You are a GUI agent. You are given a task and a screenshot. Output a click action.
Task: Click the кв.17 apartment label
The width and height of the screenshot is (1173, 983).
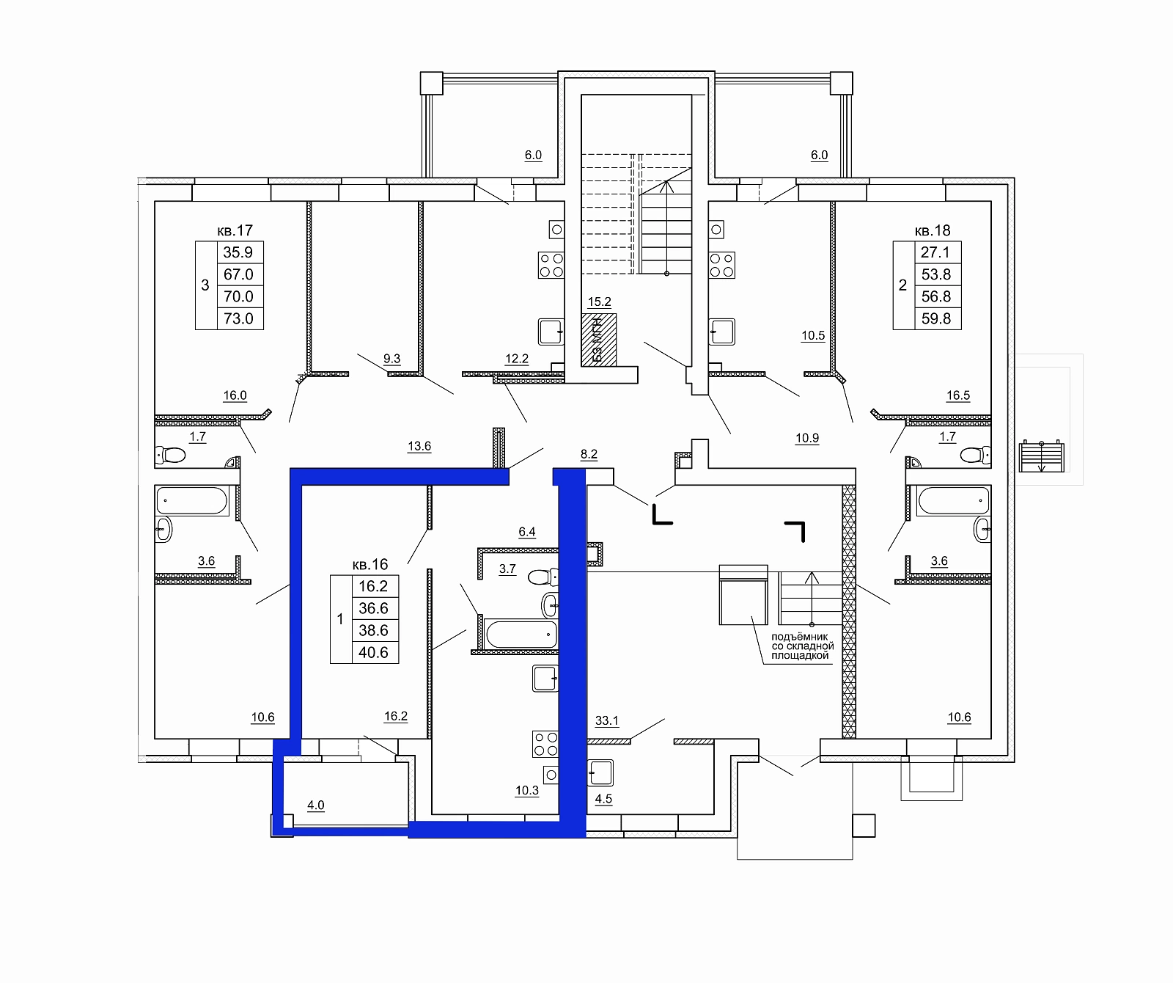pos(235,231)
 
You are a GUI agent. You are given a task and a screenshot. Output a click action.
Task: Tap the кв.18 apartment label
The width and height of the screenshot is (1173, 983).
pos(933,231)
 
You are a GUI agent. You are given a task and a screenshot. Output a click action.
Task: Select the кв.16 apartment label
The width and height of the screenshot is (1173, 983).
pos(370,565)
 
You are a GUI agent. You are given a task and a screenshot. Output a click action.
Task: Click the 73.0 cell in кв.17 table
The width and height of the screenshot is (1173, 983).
pos(239,319)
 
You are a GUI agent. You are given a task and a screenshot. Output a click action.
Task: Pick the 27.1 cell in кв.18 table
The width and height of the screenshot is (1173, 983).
pos(935,252)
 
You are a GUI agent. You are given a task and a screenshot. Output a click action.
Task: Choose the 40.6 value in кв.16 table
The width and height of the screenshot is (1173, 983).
pos(374,653)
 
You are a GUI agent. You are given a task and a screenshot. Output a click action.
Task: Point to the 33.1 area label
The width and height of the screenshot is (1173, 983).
pos(607,721)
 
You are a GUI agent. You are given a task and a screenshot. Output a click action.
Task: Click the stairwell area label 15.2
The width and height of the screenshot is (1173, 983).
pos(600,302)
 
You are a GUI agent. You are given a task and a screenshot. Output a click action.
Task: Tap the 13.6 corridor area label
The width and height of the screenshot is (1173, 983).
pos(419,446)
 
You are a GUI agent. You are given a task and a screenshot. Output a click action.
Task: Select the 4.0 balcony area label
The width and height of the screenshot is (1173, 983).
pos(316,805)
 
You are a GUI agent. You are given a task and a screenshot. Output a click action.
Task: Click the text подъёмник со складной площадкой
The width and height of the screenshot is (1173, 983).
pos(802,646)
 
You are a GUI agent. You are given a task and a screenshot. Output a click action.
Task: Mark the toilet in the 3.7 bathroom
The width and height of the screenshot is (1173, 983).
pos(543,577)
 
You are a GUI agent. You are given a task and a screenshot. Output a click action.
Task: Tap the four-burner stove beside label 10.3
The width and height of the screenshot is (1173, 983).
pos(545,744)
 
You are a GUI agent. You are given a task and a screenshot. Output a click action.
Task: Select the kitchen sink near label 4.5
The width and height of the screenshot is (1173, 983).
pos(601,772)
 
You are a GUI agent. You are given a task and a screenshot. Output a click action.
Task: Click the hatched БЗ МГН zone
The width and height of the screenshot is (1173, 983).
pos(599,340)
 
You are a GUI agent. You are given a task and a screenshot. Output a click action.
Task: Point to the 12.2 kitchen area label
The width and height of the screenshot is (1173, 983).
pos(517,359)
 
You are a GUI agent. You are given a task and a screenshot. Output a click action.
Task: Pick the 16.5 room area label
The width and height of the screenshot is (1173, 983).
pos(958,396)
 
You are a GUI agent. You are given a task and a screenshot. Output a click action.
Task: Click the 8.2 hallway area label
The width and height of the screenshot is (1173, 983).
pos(589,455)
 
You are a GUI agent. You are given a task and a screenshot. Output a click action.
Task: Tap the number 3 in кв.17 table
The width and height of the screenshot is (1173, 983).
pos(205,285)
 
